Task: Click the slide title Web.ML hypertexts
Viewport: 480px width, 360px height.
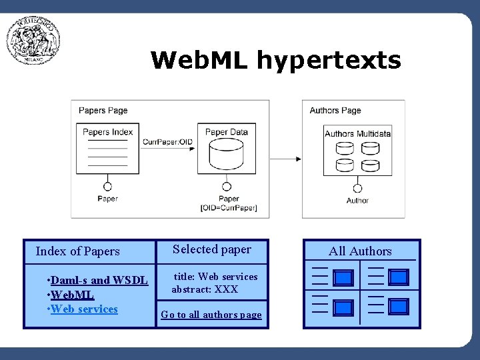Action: [x=275, y=60]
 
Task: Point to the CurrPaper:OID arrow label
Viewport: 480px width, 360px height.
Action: [x=167, y=141]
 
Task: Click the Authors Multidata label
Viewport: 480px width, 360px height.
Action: [x=357, y=133]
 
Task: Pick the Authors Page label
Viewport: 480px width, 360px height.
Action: [x=335, y=111]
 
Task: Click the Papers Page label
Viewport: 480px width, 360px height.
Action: [x=103, y=111]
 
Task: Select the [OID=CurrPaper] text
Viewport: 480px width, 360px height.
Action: [x=229, y=208]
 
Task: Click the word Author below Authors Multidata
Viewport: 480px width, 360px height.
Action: [x=357, y=200]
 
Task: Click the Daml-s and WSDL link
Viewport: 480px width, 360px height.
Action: [x=99, y=280]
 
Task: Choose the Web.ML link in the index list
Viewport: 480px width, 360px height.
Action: [x=73, y=295]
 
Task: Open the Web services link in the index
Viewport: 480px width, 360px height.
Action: [x=84, y=309]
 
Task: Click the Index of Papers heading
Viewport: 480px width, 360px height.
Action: [x=77, y=251]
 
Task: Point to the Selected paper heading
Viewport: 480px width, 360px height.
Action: [x=212, y=249]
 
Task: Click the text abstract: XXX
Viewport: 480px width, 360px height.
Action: [x=205, y=289]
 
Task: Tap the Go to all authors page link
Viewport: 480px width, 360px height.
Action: [x=211, y=315]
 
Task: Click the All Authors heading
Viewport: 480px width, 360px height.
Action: [x=360, y=251]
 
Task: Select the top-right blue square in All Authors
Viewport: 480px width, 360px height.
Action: [x=398, y=277]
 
